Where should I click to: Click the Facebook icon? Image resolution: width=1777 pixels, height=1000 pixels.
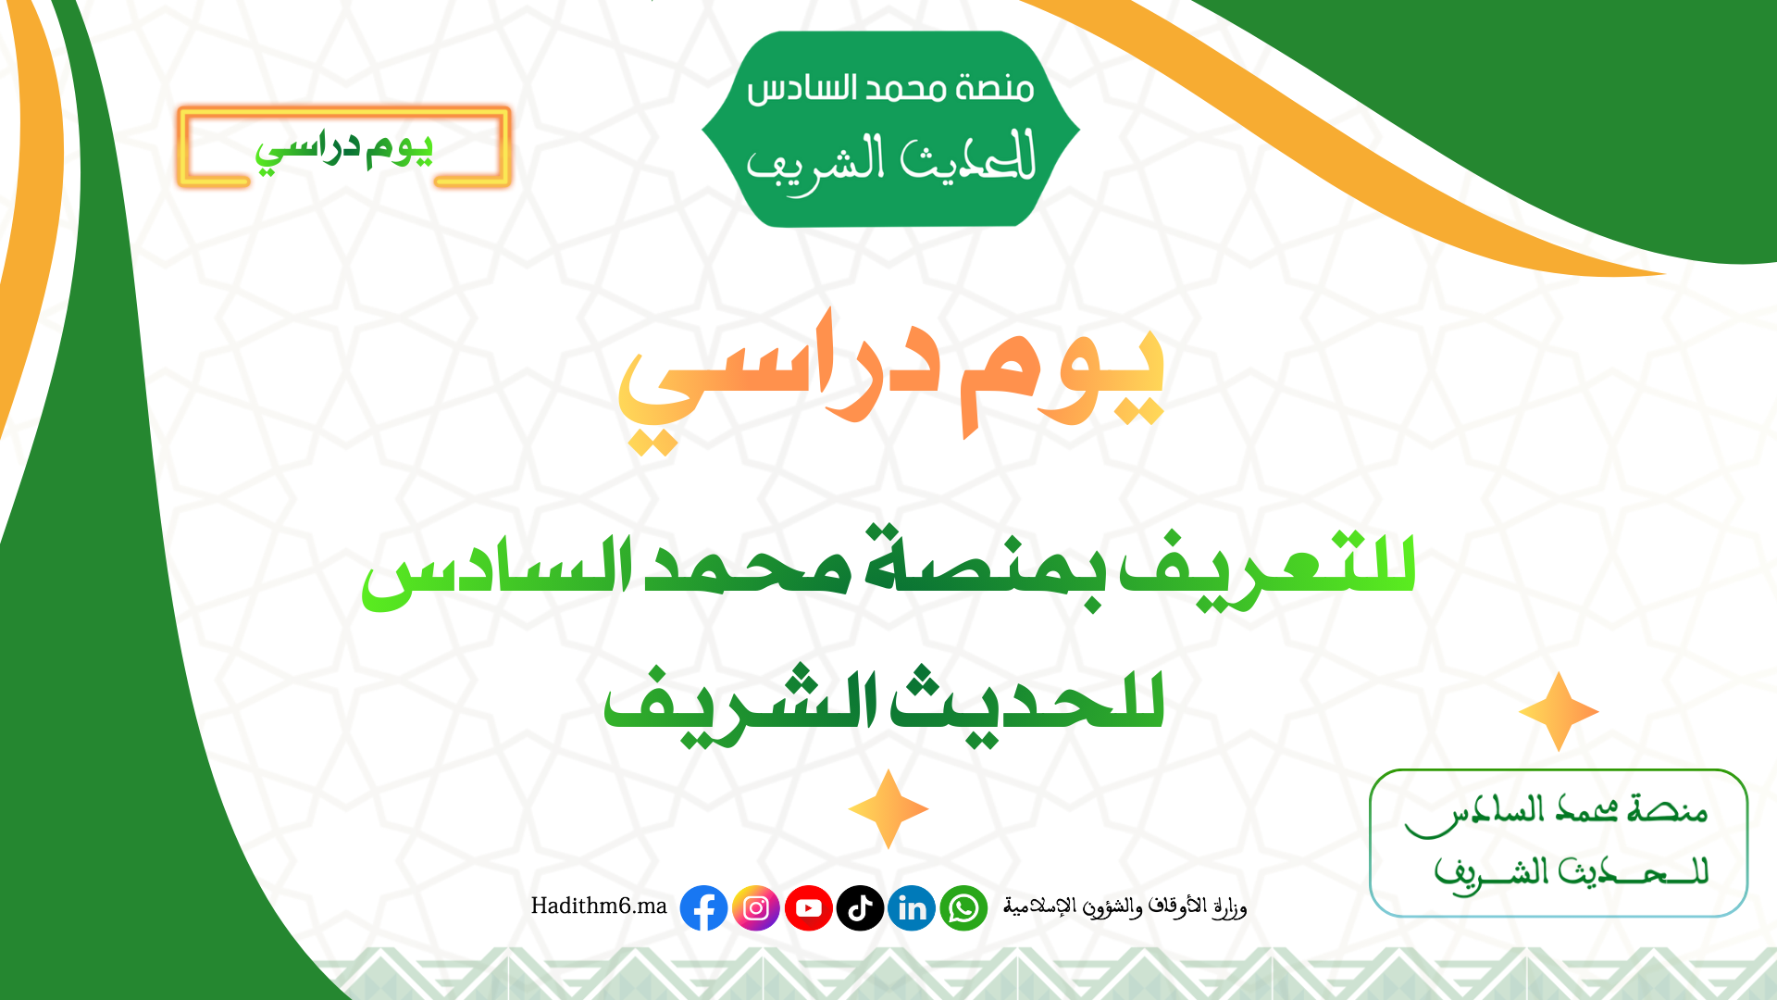coord(703,908)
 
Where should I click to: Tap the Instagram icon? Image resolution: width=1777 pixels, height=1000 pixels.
coord(756,908)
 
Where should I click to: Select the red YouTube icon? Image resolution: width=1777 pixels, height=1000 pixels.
coord(808,908)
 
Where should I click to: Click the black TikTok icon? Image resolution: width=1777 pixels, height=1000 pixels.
coord(860,908)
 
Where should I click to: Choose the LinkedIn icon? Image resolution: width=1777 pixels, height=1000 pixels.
coord(912,908)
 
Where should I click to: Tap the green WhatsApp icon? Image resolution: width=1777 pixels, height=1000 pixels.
coord(963,908)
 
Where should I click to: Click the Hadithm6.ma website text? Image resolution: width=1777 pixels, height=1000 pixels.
coord(599,906)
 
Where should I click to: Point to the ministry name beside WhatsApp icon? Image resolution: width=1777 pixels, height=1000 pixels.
coord(1125,906)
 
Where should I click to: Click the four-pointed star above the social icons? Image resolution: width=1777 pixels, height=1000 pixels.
coord(888,809)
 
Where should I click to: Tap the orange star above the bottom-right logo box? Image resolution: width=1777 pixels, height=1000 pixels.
coord(1559,711)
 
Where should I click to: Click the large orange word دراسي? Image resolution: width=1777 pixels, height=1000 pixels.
coord(778,380)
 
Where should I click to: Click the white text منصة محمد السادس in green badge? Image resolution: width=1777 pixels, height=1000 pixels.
coord(890,89)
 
